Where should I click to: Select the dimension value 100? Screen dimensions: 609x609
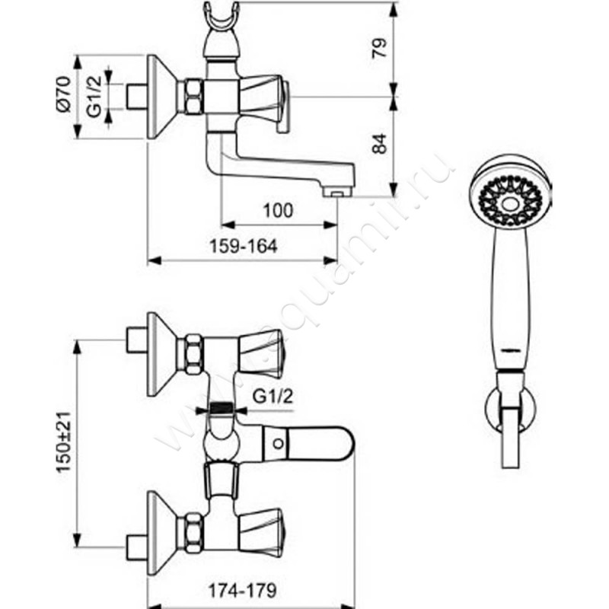[281, 211]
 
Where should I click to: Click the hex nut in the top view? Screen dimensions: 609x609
[191, 97]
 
